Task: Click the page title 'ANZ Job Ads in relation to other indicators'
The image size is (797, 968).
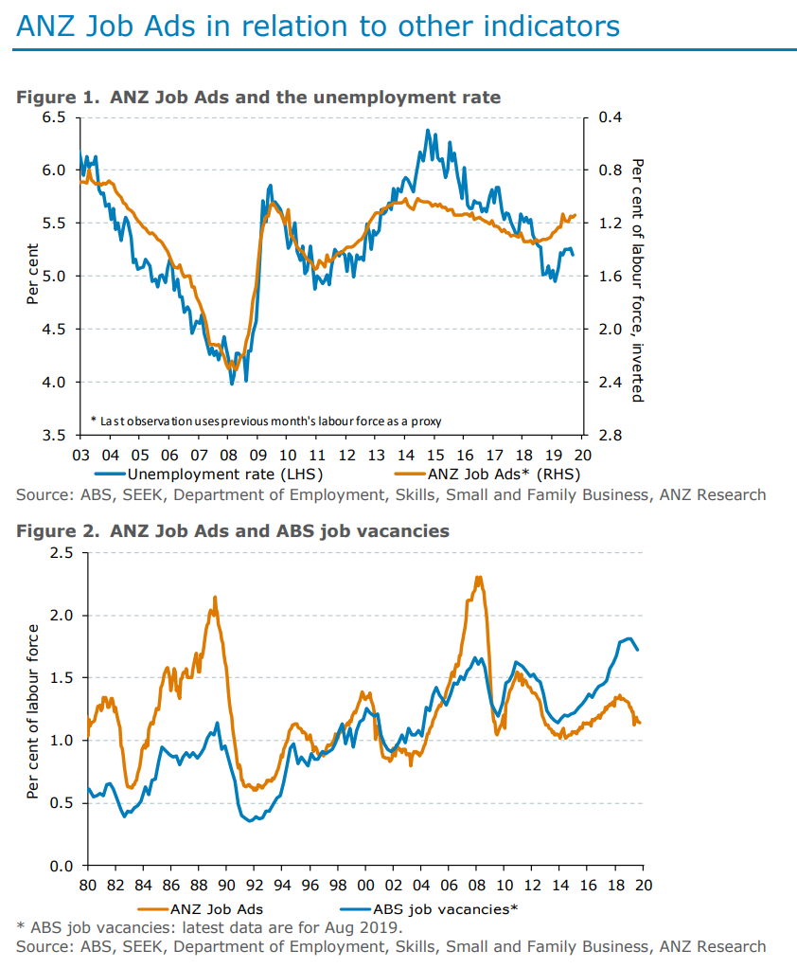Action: point(317,26)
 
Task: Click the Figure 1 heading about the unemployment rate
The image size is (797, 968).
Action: point(258,97)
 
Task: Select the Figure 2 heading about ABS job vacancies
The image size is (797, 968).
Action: point(232,531)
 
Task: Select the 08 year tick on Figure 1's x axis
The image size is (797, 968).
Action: point(228,454)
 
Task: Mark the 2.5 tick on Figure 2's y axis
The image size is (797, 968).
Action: point(62,552)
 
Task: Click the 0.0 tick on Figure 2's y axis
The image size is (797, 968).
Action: point(62,866)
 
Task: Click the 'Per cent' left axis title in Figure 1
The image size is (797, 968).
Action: point(32,276)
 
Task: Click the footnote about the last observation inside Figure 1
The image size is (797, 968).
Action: point(266,420)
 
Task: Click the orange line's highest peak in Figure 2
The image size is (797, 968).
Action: point(479,577)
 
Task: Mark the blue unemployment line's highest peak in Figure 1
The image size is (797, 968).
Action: point(428,130)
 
